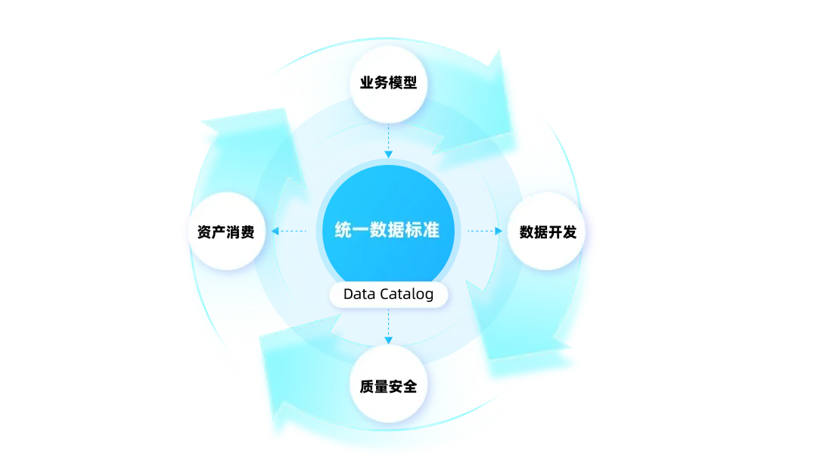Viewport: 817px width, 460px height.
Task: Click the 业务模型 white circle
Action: [388, 82]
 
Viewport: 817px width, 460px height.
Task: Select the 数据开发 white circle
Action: [547, 232]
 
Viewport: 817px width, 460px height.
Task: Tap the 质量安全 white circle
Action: [388, 386]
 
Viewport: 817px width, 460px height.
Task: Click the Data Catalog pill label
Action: [388, 294]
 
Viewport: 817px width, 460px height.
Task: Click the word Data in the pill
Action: [358, 294]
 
